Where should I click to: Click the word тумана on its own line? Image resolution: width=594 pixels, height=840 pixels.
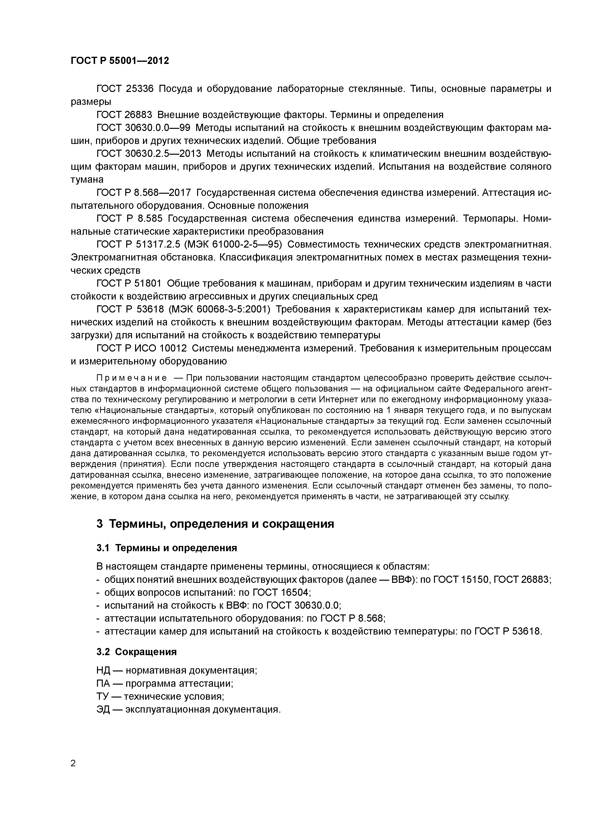pos(87,179)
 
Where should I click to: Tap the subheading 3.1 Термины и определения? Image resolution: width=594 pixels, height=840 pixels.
pos(166,548)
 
